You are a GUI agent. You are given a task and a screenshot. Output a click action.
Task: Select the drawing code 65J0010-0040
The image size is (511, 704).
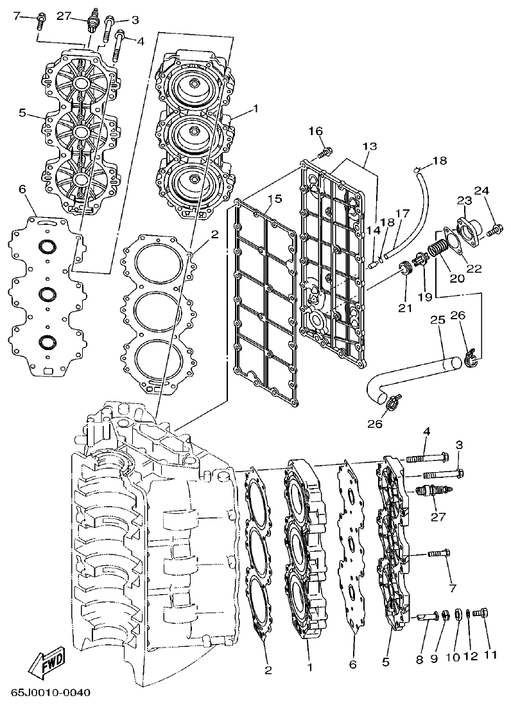51,692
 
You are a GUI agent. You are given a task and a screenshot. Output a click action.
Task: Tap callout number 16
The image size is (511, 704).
315,131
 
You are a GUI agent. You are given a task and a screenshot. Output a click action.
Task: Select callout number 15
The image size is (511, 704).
275,199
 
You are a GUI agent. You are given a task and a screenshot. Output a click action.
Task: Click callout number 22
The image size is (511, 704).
474,268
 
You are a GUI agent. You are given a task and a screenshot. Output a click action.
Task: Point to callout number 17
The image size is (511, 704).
402,213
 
